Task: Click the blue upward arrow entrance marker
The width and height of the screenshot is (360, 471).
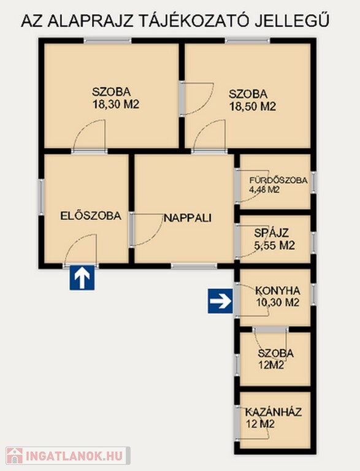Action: [82, 278]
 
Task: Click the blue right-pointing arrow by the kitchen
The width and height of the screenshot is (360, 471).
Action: [220, 301]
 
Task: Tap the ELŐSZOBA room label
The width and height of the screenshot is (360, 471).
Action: [91, 216]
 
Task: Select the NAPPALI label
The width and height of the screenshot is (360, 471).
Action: [188, 218]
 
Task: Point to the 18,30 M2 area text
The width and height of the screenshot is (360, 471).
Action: [116, 104]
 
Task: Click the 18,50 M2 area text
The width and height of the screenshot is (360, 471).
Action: [253, 107]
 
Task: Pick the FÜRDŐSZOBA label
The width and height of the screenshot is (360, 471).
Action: [278, 180]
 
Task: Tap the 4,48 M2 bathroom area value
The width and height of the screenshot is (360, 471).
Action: [264, 190]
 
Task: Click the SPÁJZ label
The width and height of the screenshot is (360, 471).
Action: [271, 233]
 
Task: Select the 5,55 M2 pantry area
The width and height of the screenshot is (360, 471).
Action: [274, 246]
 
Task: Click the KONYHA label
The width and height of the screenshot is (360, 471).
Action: [278, 291]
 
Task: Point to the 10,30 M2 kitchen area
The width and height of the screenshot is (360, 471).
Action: [278, 302]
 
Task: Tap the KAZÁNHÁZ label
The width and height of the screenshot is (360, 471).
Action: [273, 412]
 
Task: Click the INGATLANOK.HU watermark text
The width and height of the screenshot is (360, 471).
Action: [75, 456]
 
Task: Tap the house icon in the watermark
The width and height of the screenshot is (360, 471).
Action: [15, 456]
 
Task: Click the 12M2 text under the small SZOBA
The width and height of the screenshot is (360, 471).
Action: [271, 366]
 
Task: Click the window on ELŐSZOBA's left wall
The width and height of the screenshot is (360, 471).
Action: [42, 197]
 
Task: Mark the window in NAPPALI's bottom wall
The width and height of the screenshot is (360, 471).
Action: [194, 266]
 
